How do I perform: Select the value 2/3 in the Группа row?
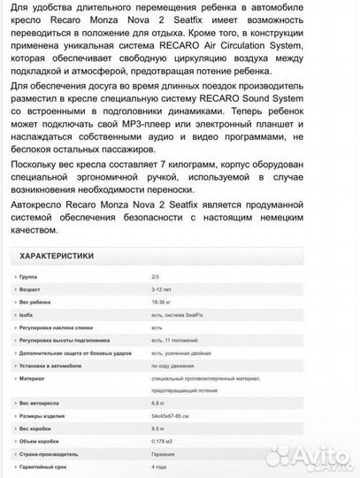click(x=156, y=277)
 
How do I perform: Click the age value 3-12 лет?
click(x=162, y=289)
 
